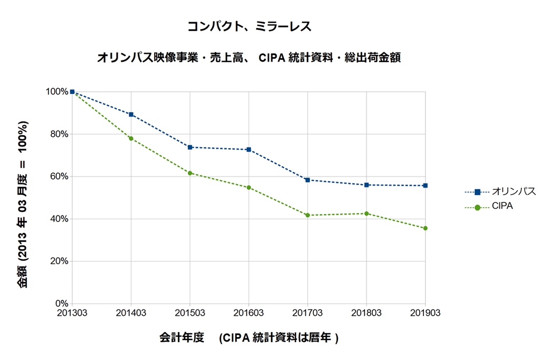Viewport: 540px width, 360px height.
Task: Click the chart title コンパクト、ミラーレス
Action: tap(249, 26)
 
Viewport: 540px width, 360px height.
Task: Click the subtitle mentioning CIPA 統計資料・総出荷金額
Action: tap(249, 58)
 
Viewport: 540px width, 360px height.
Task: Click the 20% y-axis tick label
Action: tap(60, 261)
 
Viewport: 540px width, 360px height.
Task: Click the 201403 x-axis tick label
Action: tap(131, 313)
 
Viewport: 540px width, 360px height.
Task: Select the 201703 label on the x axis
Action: tap(307, 313)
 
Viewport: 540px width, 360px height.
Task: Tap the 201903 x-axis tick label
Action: tap(425, 313)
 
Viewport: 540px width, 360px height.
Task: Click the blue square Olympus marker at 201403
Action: tap(131, 114)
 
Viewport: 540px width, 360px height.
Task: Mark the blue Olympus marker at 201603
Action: tap(249, 150)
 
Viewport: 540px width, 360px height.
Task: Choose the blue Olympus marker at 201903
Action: tap(425, 186)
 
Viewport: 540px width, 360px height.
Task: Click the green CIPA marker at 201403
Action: tap(131, 139)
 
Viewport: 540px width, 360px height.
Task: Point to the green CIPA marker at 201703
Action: tap(307, 215)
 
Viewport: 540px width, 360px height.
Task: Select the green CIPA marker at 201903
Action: tap(425, 228)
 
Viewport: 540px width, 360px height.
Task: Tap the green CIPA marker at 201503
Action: tap(190, 173)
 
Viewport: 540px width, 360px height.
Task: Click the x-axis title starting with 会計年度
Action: tap(248, 338)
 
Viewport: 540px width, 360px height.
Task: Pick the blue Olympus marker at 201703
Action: tap(307, 180)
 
